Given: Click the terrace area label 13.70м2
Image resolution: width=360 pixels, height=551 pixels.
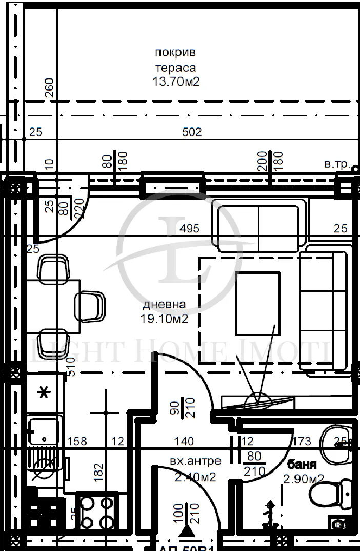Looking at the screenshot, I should click(x=175, y=81).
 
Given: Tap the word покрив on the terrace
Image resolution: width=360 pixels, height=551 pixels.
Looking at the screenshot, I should click(x=175, y=52).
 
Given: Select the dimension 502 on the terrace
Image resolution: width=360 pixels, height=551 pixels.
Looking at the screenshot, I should click(x=192, y=132).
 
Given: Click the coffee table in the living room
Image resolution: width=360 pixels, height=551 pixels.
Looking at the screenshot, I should click(x=257, y=303).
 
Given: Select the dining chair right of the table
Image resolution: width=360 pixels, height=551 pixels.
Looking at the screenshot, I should click(x=91, y=306).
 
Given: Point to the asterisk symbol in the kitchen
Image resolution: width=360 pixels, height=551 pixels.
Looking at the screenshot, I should click(x=45, y=393).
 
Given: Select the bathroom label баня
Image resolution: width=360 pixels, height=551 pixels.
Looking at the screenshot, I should click(x=302, y=465).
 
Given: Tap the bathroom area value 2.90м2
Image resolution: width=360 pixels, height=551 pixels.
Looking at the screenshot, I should click(x=304, y=479).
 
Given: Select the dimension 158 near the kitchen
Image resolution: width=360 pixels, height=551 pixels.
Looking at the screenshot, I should click(x=77, y=441).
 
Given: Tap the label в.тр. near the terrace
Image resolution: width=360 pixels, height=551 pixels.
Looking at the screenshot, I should click(x=336, y=165).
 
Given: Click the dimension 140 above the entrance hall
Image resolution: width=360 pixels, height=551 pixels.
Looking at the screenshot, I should click(x=184, y=441).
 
